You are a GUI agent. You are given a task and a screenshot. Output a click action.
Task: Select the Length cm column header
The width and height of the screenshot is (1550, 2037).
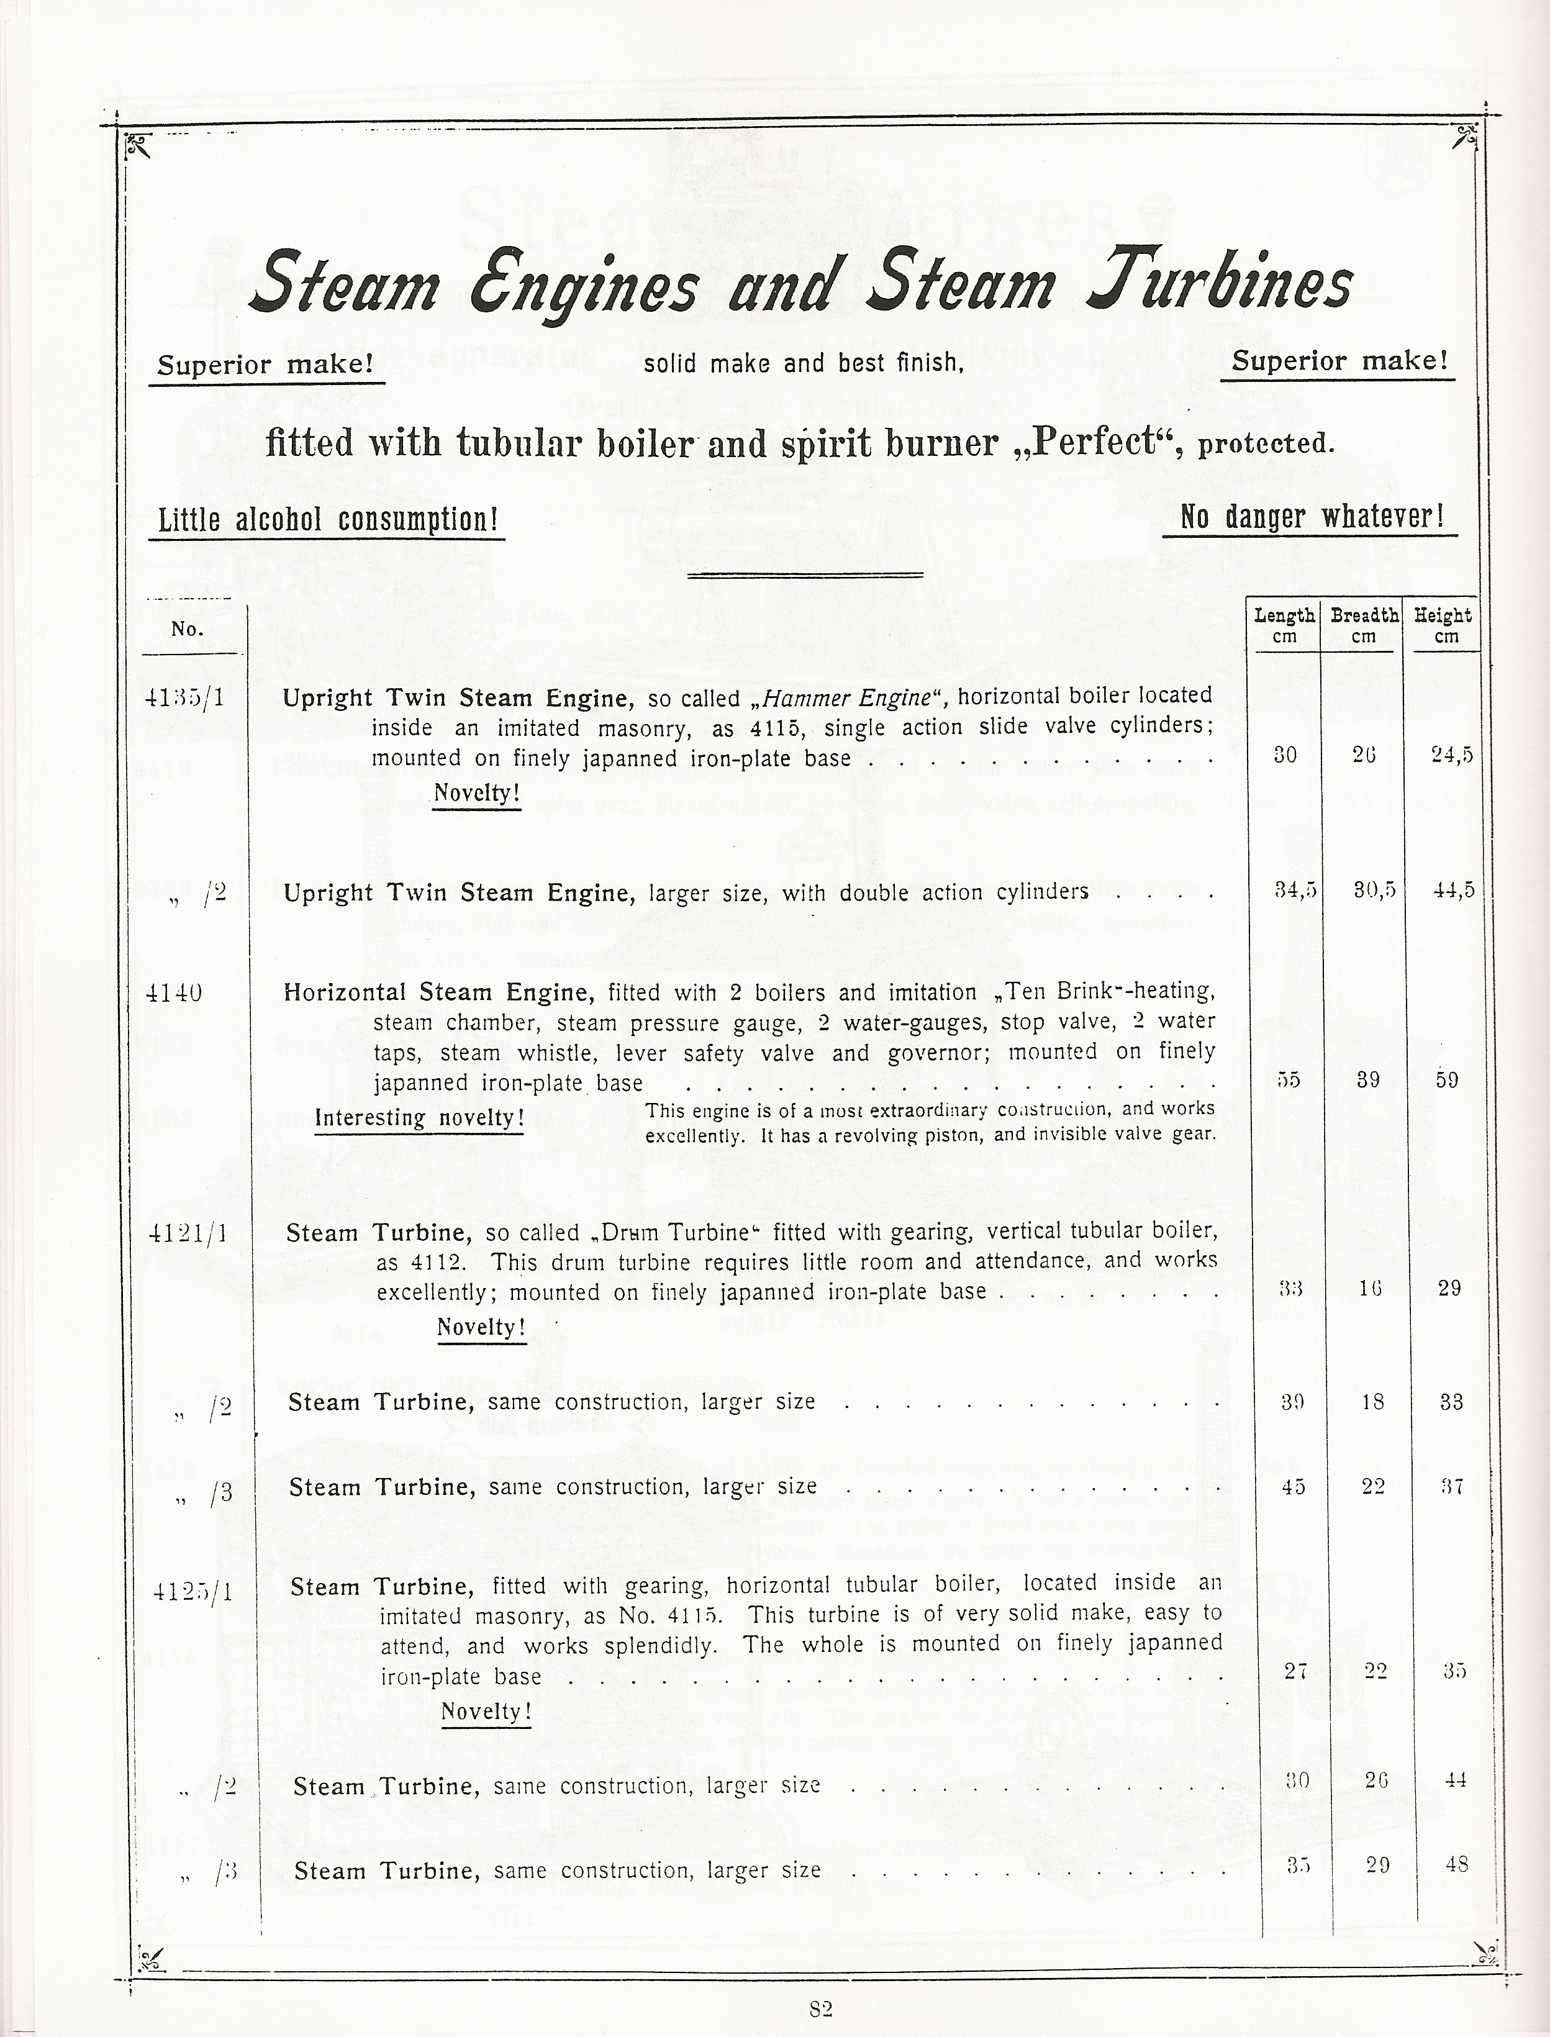1284,625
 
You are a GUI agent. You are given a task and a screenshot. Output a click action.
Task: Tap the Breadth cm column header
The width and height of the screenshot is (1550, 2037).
1364,625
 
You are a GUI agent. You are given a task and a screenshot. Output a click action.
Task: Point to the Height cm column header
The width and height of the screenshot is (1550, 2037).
1443,625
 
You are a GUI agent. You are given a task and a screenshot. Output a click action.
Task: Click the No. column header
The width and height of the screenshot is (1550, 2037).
188,629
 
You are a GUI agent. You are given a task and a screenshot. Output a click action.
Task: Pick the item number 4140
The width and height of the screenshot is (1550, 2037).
174,992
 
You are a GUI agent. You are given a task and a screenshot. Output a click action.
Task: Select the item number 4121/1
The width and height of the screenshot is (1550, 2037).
188,1233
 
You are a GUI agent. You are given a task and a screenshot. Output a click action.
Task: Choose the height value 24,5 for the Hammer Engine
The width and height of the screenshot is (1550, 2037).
1451,755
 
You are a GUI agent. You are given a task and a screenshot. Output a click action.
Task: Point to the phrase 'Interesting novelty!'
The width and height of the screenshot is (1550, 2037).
420,1118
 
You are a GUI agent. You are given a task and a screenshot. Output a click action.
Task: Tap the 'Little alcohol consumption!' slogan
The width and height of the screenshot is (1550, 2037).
327,520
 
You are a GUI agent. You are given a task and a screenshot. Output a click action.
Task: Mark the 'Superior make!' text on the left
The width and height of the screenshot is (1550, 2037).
266,365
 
